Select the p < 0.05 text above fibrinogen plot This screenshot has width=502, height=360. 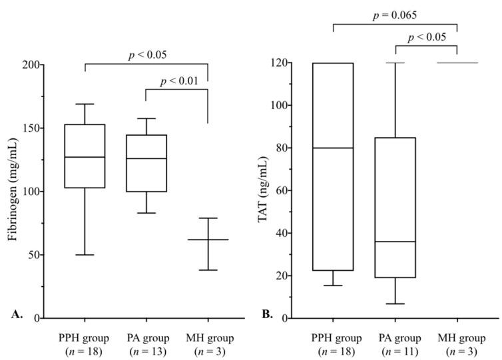point(146,55)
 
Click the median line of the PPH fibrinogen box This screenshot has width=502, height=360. point(85,157)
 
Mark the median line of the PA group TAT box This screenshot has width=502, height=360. point(395,242)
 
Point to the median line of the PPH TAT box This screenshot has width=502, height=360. point(333,148)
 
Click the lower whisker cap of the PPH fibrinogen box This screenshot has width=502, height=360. point(85,255)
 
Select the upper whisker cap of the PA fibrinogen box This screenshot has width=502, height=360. point(146,118)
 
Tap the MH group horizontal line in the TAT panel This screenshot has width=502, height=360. point(457,63)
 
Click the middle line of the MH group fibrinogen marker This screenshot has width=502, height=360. point(208,240)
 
